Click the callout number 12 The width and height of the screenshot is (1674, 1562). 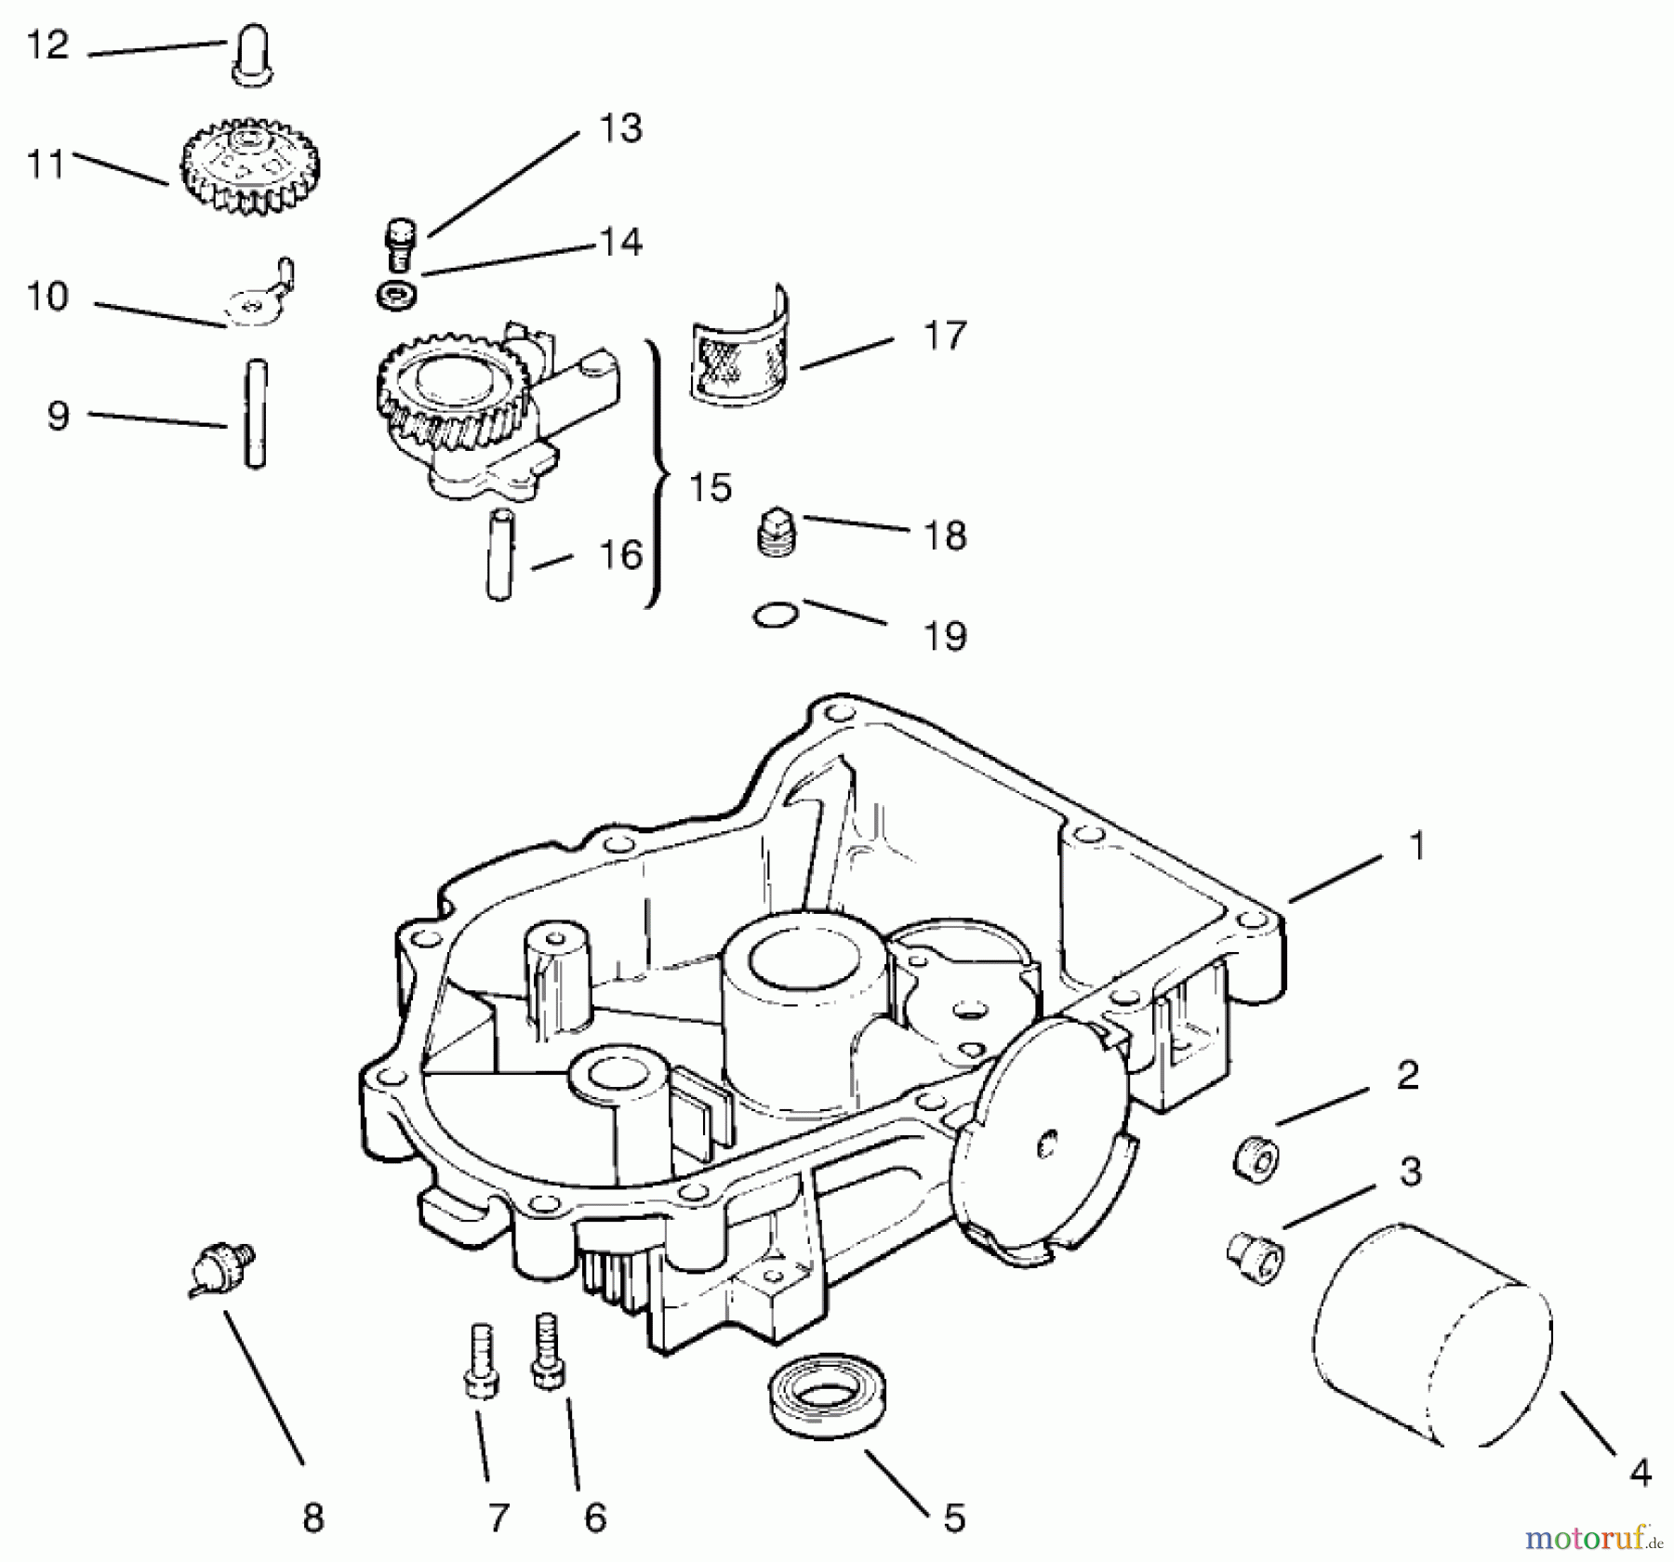tap(47, 45)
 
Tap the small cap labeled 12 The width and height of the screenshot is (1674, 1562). tap(252, 56)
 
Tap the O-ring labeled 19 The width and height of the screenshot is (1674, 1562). tap(775, 615)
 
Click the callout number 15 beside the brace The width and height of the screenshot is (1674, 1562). tap(711, 487)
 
